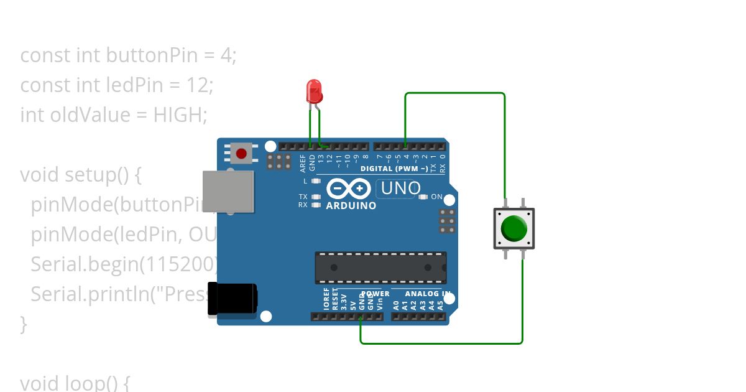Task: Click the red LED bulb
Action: (x=314, y=91)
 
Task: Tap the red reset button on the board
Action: (x=241, y=152)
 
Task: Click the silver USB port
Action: (x=228, y=191)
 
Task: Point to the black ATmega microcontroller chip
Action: (x=380, y=267)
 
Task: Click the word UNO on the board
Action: (x=400, y=188)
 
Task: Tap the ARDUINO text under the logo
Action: (x=351, y=205)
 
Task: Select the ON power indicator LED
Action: (x=424, y=197)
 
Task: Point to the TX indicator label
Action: (x=303, y=197)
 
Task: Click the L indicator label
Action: (x=305, y=181)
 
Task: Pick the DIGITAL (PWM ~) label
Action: (x=394, y=169)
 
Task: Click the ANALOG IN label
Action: (x=428, y=294)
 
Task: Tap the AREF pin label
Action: (x=303, y=162)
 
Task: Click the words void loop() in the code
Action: (x=75, y=382)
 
